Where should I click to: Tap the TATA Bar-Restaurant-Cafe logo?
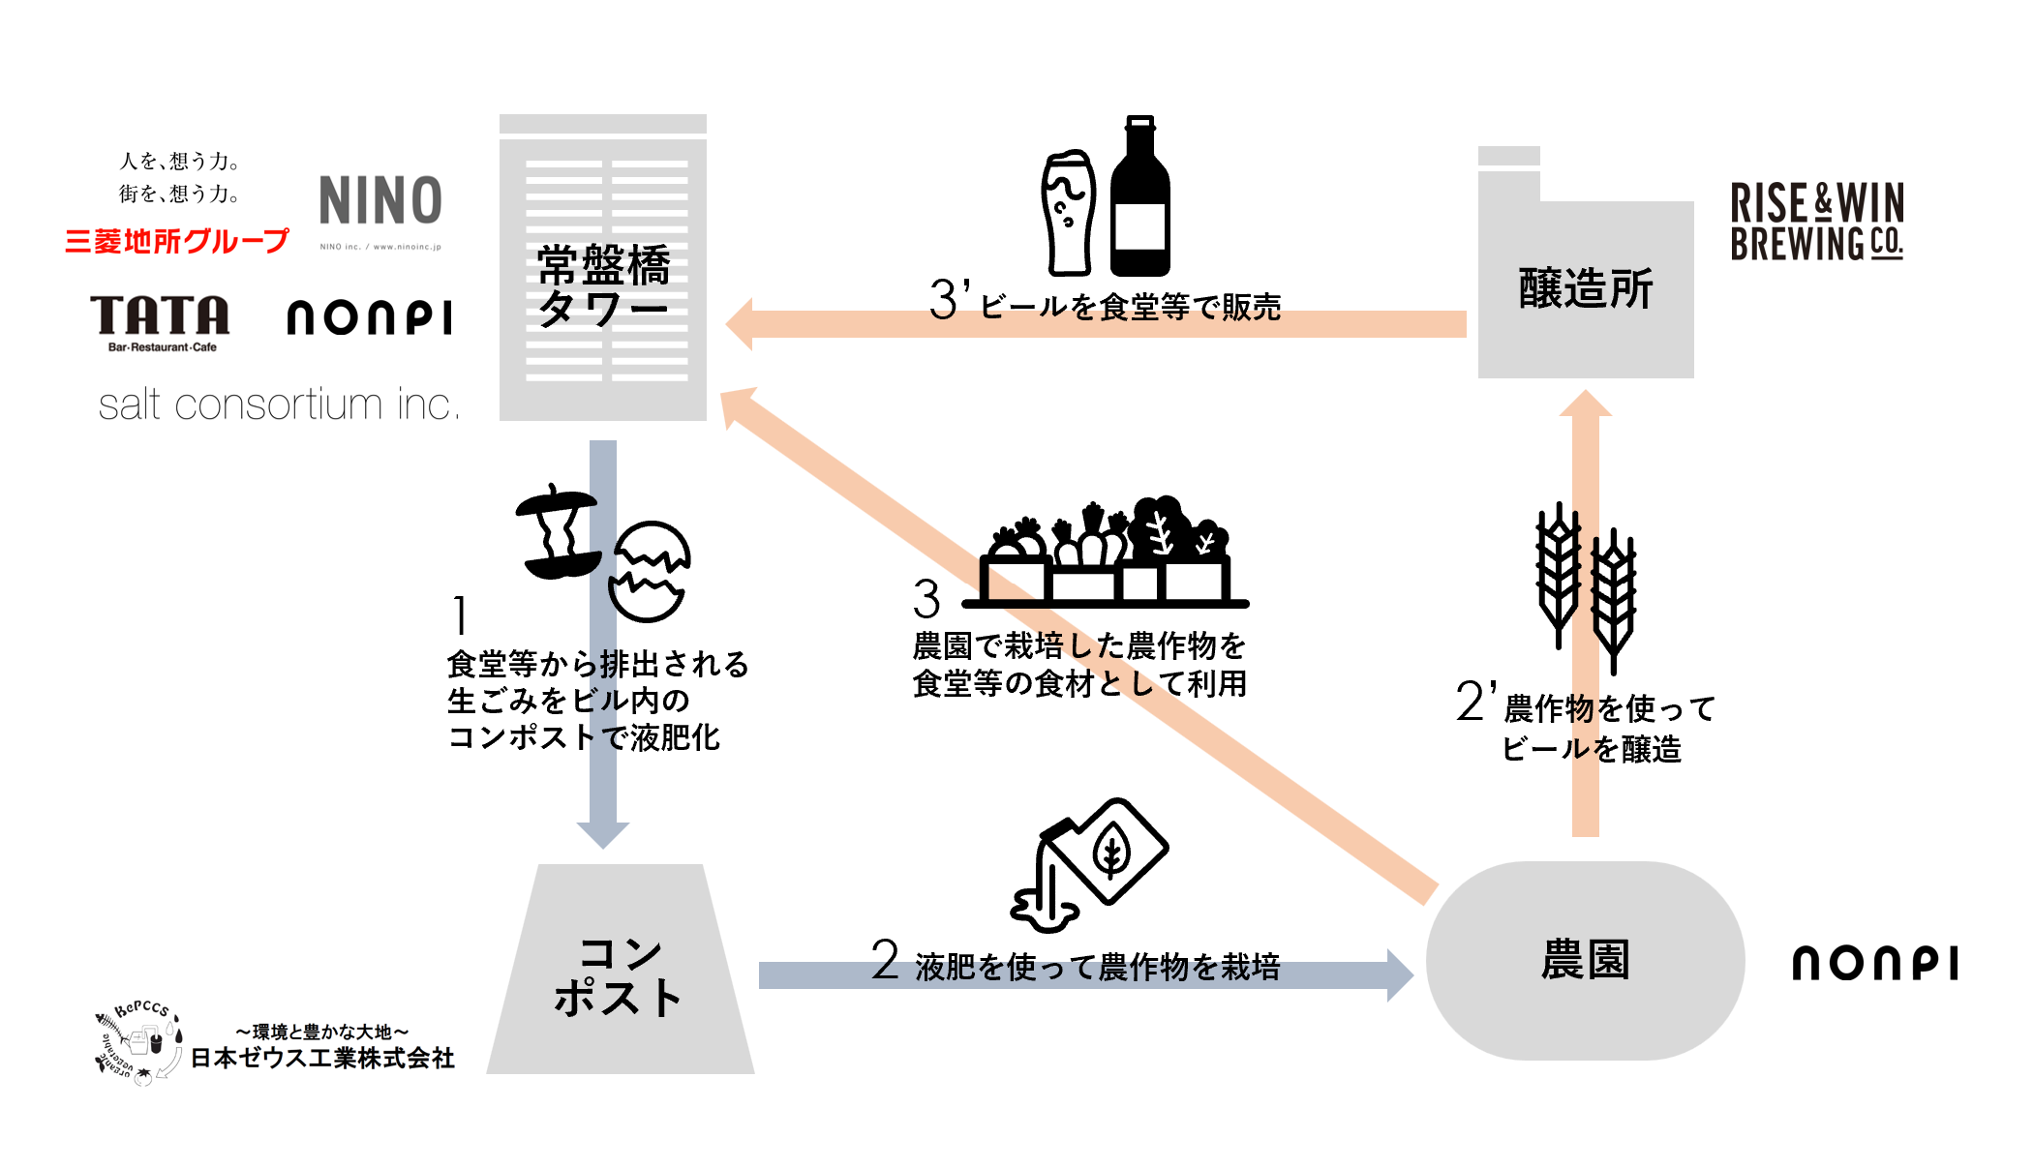click(x=161, y=322)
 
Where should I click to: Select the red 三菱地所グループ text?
click(x=177, y=240)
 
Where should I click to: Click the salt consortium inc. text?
click(x=278, y=404)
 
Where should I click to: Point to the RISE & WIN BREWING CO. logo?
click(x=1816, y=222)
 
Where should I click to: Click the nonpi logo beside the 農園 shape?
click(x=1874, y=963)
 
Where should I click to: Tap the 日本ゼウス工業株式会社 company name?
click(x=322, y=1058)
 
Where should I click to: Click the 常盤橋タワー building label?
click(x=603, y=286)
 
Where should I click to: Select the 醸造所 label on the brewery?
click(x=1586, y=288)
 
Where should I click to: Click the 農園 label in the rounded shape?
click(x=1585, y=960)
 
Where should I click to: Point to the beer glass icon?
click(x=1068, y=213)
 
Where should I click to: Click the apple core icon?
click(x=558, y=532)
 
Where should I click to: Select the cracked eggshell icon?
click(x=650, y=571)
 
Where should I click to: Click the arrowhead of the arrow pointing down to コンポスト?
click(x=603, y=834)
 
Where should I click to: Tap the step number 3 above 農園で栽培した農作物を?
click(x=926, y=599)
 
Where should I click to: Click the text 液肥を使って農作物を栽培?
click(x=1097, y=966)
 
